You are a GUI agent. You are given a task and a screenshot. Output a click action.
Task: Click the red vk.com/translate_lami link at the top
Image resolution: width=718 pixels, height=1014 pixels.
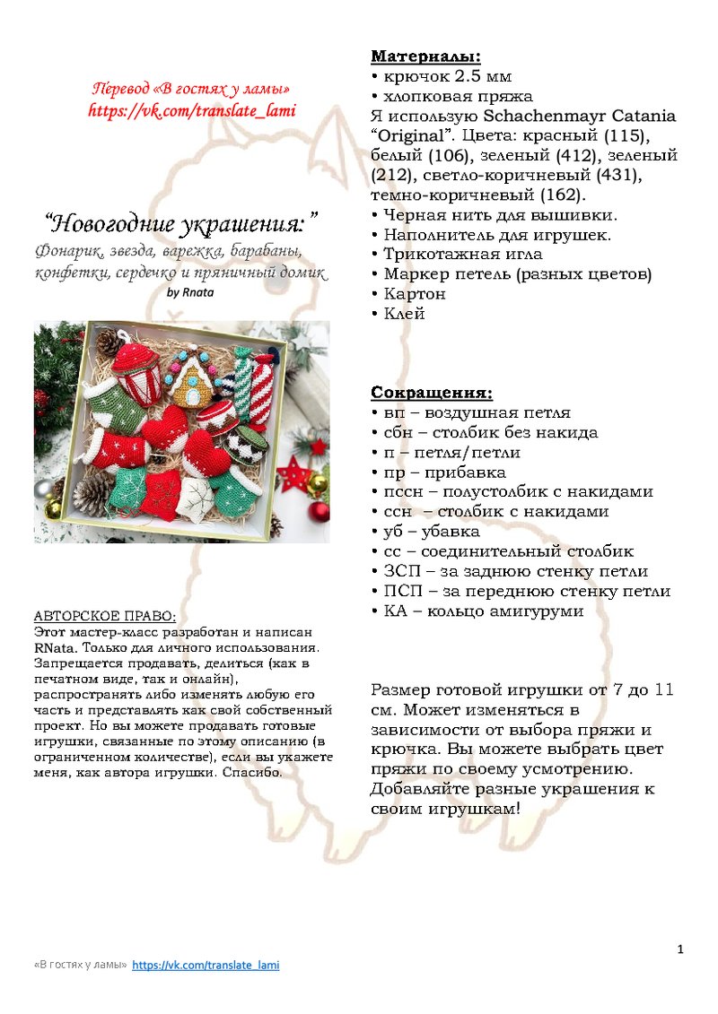point(191,110)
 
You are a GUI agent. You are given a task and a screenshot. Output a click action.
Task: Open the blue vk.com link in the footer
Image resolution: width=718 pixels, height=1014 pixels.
point(206,966)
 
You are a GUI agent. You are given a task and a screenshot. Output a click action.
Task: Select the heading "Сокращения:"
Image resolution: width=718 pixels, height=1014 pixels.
point(432,393)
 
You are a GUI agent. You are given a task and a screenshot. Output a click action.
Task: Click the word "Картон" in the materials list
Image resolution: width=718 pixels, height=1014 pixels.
point(415,294)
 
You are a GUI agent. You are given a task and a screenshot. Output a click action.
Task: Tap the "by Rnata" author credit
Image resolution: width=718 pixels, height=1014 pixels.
point(191,291)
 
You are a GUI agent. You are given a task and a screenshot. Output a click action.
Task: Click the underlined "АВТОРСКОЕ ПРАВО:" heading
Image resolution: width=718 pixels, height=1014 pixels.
point(105,617)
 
